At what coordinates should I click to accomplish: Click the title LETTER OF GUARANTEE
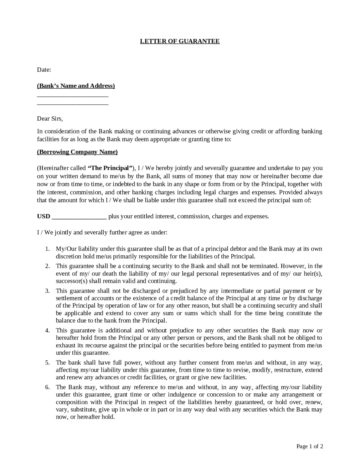pyautogui.click(x=180, y=41)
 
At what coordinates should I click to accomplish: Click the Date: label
pyautogui.click(x=44, y=70)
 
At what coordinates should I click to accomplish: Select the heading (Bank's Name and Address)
pyautogui.click(x=76, y=86)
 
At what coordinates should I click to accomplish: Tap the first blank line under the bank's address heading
pyautogui.click(x=73, y=96)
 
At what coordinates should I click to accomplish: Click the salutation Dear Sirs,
pyautogui.click(x=50, y=118)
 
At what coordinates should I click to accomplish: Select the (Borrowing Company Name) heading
pyautogui.click(x=77, y=152)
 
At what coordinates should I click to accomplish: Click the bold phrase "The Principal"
pyautogui.click(x=110, y=168)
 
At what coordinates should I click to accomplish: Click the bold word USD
pyautogui.click(x=44, y=216)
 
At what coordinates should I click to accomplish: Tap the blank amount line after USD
pyautogui.click(x=79, y=218)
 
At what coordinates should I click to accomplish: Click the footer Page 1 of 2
pyautogui.click(x=310, y=446)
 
